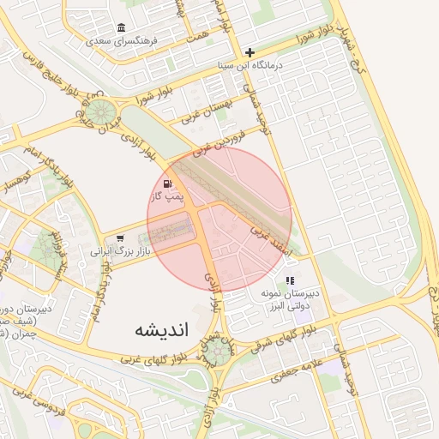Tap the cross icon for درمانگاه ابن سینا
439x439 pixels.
pos(250,52)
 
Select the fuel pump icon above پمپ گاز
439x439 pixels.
pos(166,183)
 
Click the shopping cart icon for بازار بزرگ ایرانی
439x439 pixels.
pos(119,239)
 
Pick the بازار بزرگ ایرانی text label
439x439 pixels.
pos(120,252)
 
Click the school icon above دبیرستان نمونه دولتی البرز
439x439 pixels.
pos(291,280)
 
